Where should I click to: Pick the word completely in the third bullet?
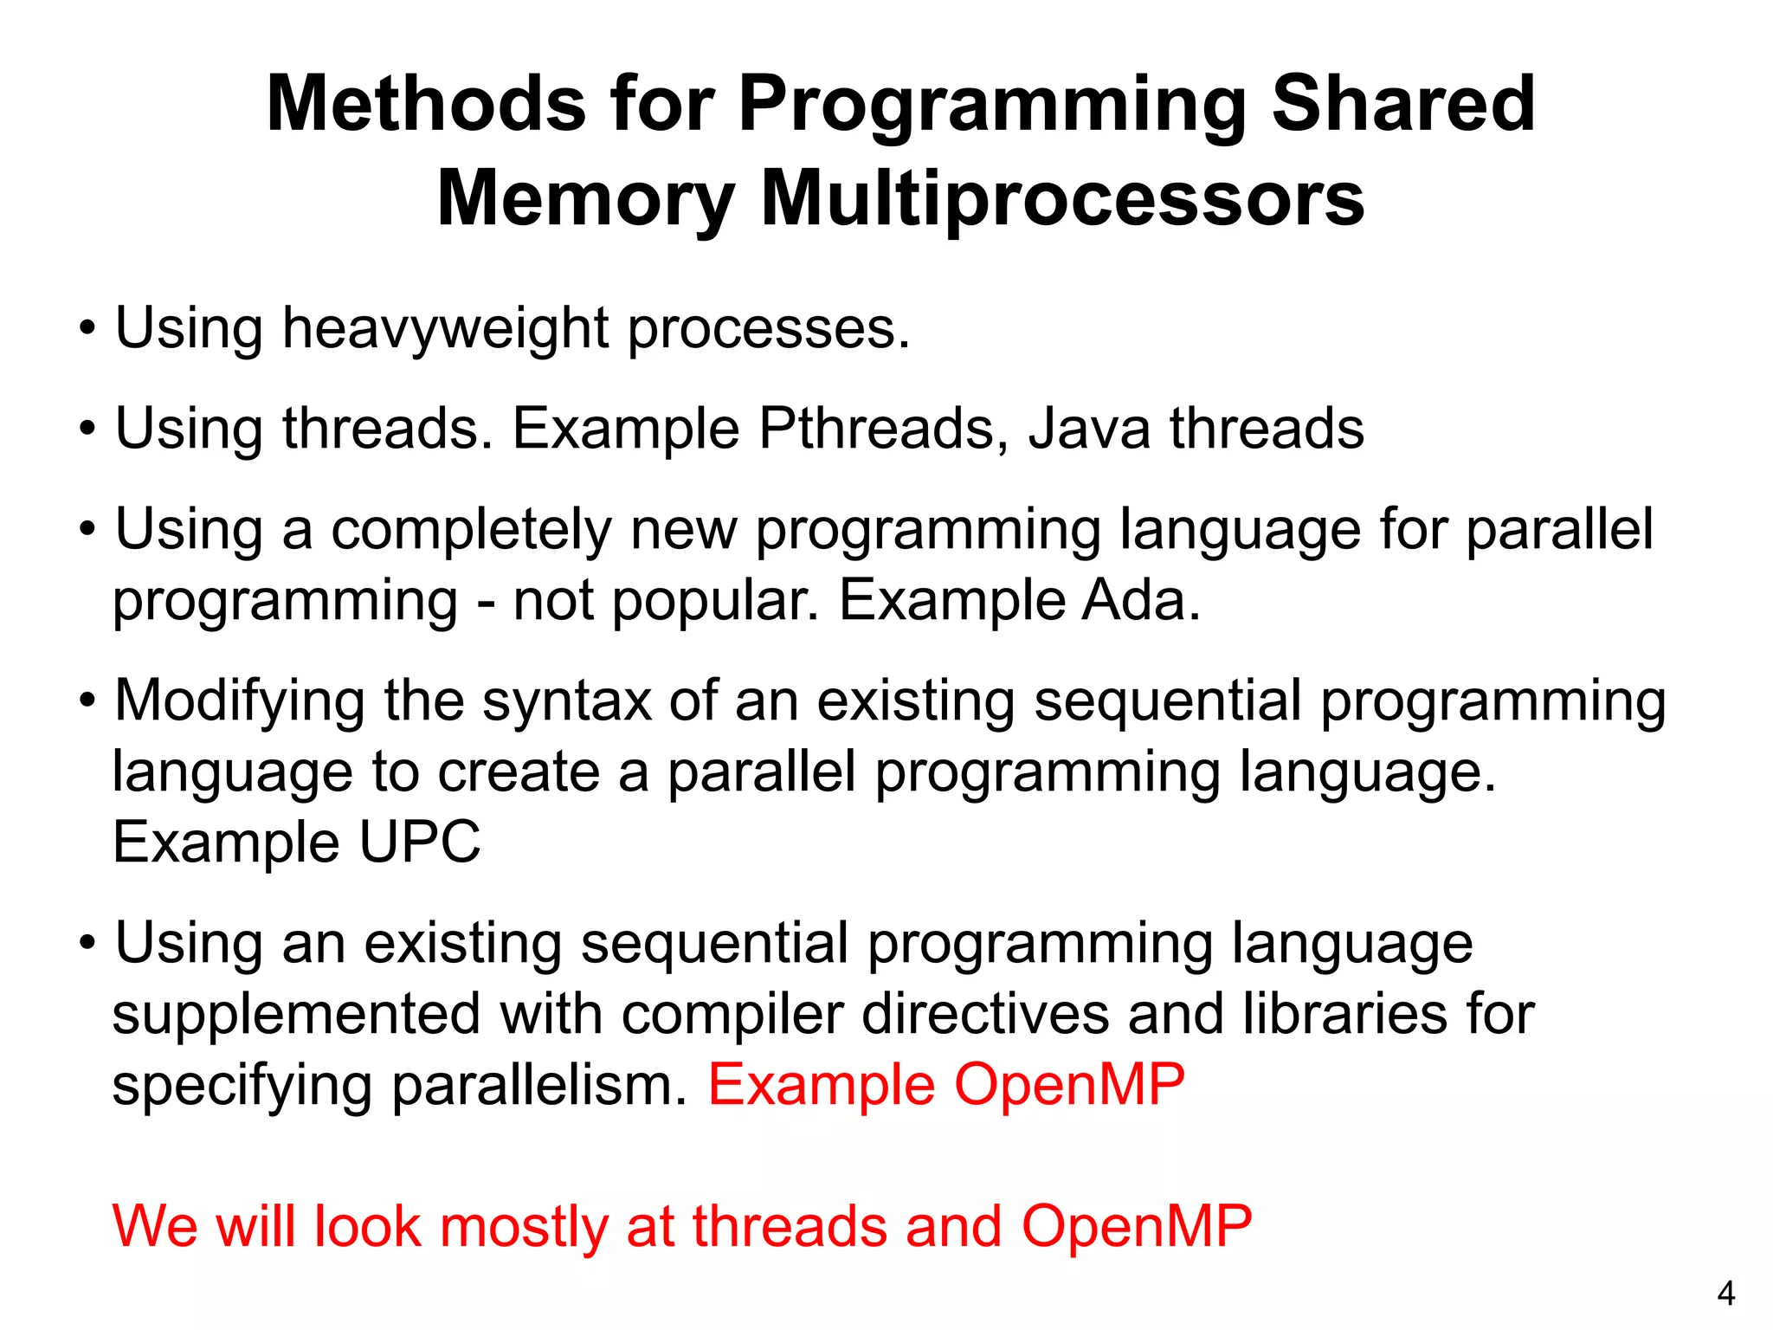[x=471, y=530]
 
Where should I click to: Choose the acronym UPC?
[x=419, y=843]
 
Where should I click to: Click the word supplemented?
[x=296, y=1015]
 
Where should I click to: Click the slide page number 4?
[x=1725, y=1294]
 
